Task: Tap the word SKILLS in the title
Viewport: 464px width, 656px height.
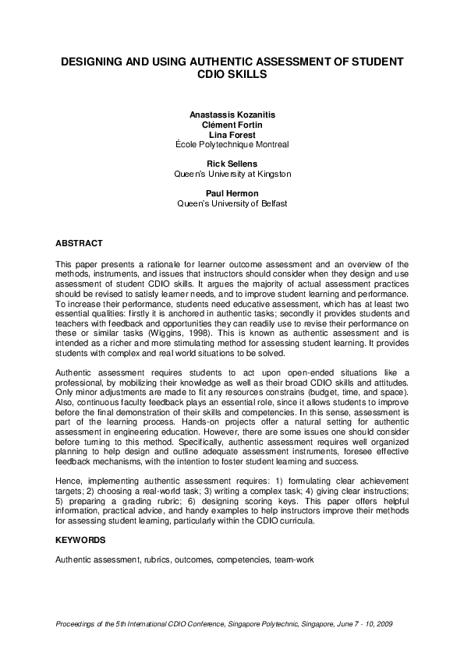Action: click(x=250, y=75)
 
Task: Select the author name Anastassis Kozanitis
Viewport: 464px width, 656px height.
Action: click(x=232, y=115)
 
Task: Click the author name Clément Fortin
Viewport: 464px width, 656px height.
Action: click(x=232, y=125)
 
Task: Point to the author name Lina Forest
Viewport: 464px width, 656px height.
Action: click(x=232, y=135)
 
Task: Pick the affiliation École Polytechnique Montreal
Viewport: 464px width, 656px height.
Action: click(x=232, y=145)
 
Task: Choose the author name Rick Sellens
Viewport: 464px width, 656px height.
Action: click(x=232, y=164)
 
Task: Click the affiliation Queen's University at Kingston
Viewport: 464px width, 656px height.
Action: click(x=232, y=175)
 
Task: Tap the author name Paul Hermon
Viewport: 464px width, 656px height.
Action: click(x=232, y=194)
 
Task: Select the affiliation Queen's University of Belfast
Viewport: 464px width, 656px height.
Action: click(x=232, y=204)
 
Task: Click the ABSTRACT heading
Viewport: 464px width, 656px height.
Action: click(x=79, y=244)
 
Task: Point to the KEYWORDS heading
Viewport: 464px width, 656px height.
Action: click(x=80, y=539)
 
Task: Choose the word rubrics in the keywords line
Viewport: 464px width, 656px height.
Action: click(x=165, y=559)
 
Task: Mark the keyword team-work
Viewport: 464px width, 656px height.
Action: click(x=294, y=559)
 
